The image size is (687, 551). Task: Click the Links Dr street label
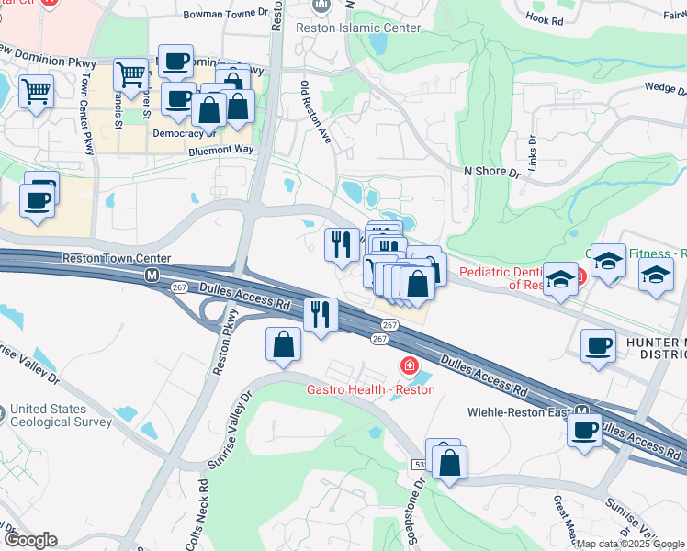pyautogui.click(x=531, y=146)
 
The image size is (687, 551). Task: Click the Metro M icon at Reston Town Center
pyautogui.click(x=152, y=275)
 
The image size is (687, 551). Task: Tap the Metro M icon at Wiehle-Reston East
pyautogui.click(x=581, y=411)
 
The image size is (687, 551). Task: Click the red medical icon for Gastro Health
pyautogui.click(x=407, y=367)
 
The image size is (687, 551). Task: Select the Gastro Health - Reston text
pyautogui.click(x=370, y=389)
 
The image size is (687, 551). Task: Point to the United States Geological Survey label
pyautogui.click(x=62, y=416)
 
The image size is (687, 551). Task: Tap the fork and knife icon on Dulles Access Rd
pyautogui.click(x=321, y=314)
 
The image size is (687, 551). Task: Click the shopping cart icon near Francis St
pyautogui.click(x=131, y=73)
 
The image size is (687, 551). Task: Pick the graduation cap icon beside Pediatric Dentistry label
pyautogui.click(x=558, y=278)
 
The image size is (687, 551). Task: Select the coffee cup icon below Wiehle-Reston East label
pyautogui.click(x=584, y=430)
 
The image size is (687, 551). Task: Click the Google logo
pyautogui.click(x=30, y=541)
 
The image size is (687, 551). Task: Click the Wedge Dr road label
pyautogui.click(x=666, y=88)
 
